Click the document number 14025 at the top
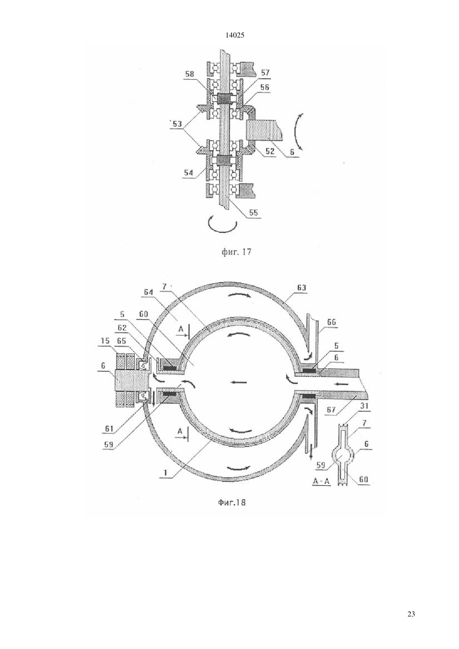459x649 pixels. point(235,35)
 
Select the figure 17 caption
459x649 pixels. point(237,252)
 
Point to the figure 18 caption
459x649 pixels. point(232,503)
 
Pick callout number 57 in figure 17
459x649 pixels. point(265,73)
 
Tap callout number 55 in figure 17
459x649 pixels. point(253,213)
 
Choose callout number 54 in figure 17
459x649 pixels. point(188,173)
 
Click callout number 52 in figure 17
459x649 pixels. point(270,151)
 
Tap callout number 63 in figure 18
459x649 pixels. point(301,288)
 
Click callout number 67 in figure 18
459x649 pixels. point(331,410)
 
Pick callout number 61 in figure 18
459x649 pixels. point(109,429)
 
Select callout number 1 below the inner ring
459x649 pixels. point(166,473)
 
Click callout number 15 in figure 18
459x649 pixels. point(106,341)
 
